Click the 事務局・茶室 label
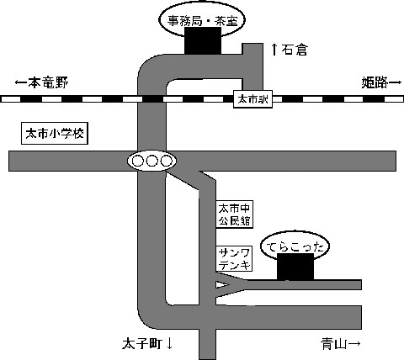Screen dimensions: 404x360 coord(202,21)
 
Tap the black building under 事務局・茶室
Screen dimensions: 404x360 coord(203,40)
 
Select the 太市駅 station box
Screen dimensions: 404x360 coord(252,99)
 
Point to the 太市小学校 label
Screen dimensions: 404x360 coord(55,134)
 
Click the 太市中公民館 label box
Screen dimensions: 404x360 coord(234,214)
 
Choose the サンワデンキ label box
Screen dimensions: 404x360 coord(234,259)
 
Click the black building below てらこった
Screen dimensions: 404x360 coord(295,267)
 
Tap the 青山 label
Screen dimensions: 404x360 coord(334,344)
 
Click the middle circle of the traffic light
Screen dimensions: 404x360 coord(151,161)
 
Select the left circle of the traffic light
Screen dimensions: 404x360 coord(138,161)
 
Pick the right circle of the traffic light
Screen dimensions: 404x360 coord(166,161)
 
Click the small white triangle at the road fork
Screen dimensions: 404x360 coord(221,285)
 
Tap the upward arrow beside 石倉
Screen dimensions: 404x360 coord(274,50)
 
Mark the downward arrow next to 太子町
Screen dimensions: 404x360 coord(169,344)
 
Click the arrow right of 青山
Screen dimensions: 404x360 coord(354,344)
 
